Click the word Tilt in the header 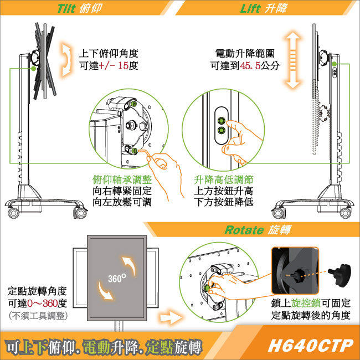[x=66, y=8]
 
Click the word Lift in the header [x=250, y=8]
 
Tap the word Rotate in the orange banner [x=244, y=230]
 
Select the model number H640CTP [x=310, y=345]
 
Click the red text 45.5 [x=250, y=66]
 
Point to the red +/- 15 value [x=114, y=66]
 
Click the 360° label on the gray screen [x=117, y=278]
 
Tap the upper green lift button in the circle [x=222, y=121]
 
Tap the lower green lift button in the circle [x=222, y=131]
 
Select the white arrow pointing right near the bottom [x=171, y=318]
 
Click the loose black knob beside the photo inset [x=340, y=275]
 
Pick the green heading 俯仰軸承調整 [x=122, y=179]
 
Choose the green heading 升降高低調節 [x=224, y=179]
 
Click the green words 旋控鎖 [x=306, y=304]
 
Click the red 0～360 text [x=42, y=304]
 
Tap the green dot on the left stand [x=34, y=68]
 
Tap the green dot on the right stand [x=334, y=64]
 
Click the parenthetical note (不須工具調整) [x=38, y=316]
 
